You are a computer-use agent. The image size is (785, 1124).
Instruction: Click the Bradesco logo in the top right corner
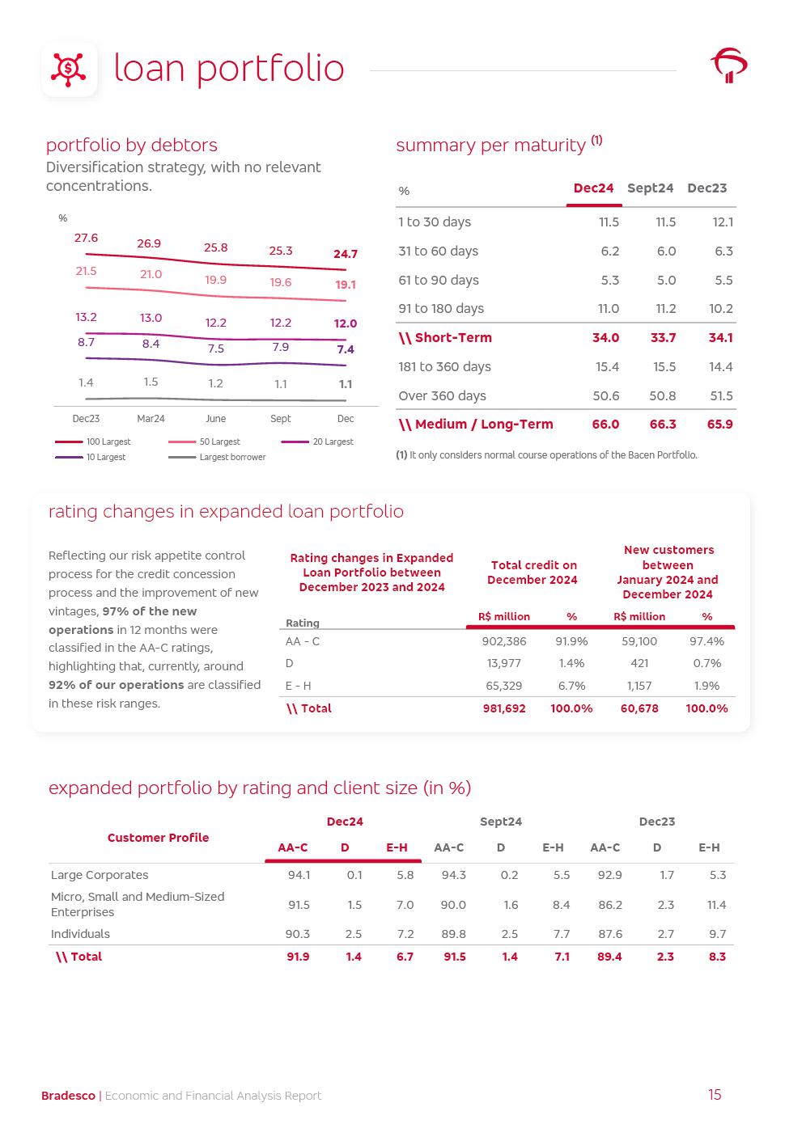729,65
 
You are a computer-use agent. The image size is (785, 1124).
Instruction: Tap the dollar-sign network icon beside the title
69,70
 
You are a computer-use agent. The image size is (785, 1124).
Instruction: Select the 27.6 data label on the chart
86,238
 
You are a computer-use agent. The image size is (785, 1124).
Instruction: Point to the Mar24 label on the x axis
151,419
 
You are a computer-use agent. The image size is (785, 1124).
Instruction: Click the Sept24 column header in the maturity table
650,188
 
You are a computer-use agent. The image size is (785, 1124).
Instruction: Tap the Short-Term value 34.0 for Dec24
605,338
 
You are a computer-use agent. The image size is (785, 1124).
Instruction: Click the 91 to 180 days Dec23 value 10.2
720,309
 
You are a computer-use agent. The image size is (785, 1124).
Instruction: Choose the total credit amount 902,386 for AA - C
504,641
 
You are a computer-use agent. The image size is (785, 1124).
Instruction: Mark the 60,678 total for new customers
639,708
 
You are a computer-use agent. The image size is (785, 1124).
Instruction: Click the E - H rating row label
298,686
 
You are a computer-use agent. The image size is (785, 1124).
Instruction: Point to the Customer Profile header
158,838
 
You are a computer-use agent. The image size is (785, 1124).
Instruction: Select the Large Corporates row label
100,875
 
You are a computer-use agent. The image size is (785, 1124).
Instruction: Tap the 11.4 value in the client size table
716,905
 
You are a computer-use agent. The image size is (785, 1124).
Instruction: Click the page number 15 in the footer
715,1095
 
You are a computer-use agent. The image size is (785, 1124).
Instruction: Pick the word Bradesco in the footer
68,1096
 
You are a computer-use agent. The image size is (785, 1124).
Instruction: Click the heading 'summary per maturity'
490,146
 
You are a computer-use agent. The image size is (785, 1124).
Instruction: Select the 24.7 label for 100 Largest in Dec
346,254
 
